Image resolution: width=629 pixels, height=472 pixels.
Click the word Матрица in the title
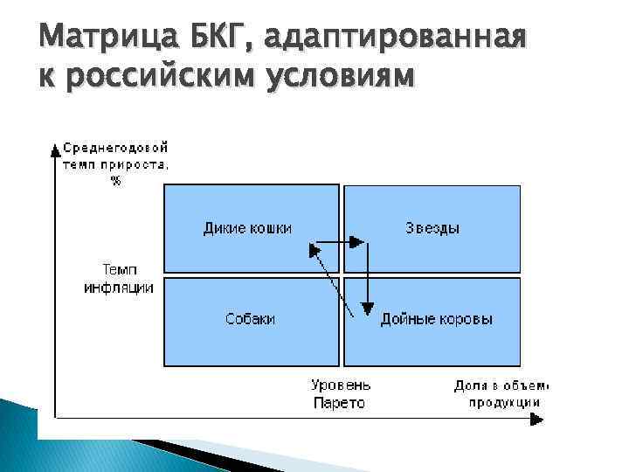coord(102,39)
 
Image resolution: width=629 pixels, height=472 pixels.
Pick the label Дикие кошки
coord(247,228)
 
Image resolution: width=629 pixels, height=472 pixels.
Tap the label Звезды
coord(432,228)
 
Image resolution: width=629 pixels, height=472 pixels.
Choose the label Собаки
coord(251,320)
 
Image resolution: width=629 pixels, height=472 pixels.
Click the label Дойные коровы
coord(436,320)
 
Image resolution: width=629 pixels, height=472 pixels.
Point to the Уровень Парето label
coord(341,393)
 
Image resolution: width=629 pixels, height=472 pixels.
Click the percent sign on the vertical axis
coord(115,180)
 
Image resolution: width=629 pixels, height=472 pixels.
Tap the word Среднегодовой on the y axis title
coord(115,149)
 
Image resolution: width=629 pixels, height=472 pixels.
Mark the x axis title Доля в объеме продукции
coord(501,393)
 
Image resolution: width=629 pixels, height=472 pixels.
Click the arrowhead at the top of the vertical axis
coord(56,146)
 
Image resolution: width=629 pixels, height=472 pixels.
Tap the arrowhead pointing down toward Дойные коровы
coord(369,306)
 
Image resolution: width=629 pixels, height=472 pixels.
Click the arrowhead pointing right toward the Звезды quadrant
coord(357,241)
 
